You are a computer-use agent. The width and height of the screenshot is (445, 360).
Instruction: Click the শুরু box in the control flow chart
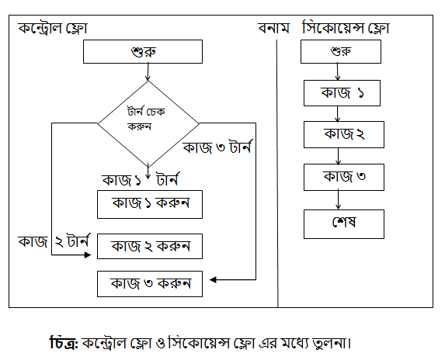click(143, 51)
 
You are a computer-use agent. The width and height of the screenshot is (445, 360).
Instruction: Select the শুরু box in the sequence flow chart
click(341, 51)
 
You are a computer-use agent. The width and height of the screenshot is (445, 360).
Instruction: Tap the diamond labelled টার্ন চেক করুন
click(148, 123)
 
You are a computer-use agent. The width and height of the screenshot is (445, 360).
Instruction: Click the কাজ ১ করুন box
click(150, 204)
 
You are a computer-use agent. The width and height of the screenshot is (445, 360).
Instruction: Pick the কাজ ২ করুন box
click(150, 246)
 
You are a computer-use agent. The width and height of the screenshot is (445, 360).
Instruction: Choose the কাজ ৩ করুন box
click(150, 284)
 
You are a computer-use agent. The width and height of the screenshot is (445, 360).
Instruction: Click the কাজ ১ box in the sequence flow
click(342, 93)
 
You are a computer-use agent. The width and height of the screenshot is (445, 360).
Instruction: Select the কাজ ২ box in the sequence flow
click(344, 135)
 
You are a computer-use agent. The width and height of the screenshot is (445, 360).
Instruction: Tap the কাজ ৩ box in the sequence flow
click(344, 177)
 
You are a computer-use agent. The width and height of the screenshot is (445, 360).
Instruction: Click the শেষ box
click(344, 224)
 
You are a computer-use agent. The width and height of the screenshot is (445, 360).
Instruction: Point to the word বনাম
click(273, 29)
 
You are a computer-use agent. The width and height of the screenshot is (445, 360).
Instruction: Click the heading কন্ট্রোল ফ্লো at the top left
click(53, 29)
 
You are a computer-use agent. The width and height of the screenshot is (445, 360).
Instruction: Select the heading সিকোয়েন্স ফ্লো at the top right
click(346, 28)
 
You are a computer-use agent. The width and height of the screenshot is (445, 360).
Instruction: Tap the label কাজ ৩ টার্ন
click(217, 147)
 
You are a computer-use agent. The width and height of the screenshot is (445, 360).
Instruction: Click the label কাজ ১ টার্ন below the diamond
click(141, 180)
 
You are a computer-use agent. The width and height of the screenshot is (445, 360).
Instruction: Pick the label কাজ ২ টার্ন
click(54, 241)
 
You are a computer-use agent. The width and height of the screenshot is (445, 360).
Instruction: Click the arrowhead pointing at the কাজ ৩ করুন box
click(213, 280)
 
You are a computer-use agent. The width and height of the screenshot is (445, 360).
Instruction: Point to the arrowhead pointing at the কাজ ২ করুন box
click(88, 255)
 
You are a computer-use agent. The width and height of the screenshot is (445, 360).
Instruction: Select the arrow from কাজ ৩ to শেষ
click(338, 200)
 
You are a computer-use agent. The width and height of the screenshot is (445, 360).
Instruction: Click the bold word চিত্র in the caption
click(63, 343)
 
